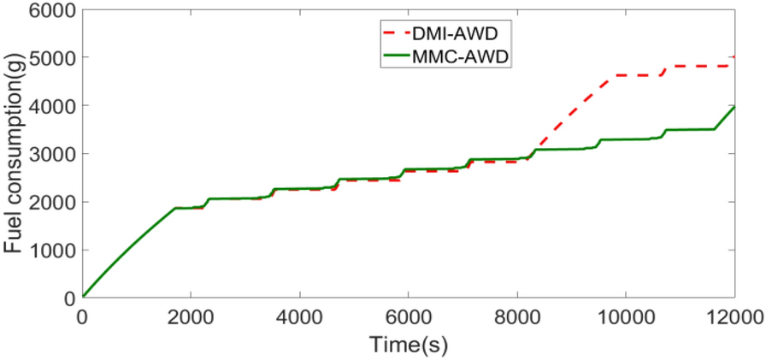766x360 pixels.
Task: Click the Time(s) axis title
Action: coord(408,345)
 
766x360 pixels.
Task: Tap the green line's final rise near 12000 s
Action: coord(725,118)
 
